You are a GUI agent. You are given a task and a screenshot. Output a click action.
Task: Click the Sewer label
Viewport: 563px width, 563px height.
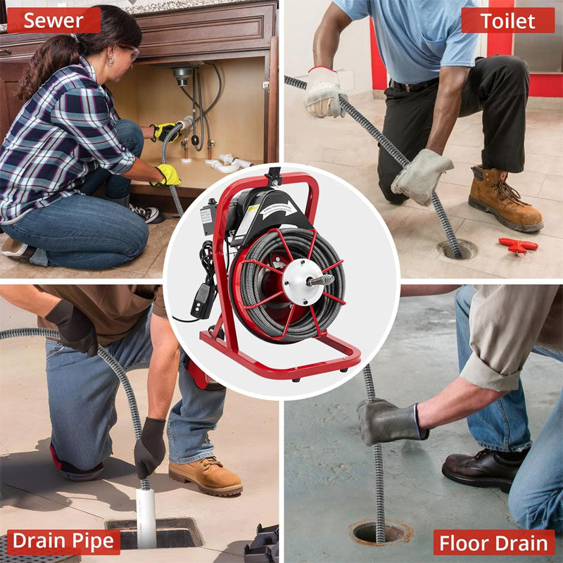(x=53, y=20)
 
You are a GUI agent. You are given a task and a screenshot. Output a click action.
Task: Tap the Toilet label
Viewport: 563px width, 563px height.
(x=507, y=20)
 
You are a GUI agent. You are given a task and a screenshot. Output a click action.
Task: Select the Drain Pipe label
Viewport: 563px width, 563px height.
(x=63, y=541)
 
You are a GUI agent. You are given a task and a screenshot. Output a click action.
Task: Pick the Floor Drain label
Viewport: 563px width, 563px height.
(x=493, y=543)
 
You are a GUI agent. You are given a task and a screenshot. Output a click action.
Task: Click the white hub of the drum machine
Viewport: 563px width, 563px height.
(x=301, y=280)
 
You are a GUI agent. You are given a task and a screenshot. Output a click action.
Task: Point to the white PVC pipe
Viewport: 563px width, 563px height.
(x=146, y=517)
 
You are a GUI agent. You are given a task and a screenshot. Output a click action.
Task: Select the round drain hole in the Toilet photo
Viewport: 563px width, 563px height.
(x=457, y=249)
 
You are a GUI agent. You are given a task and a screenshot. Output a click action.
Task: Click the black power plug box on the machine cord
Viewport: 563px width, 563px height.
(x=203, y=300)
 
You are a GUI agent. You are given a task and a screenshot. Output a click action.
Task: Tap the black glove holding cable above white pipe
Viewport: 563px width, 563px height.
(x=149, y=446)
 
